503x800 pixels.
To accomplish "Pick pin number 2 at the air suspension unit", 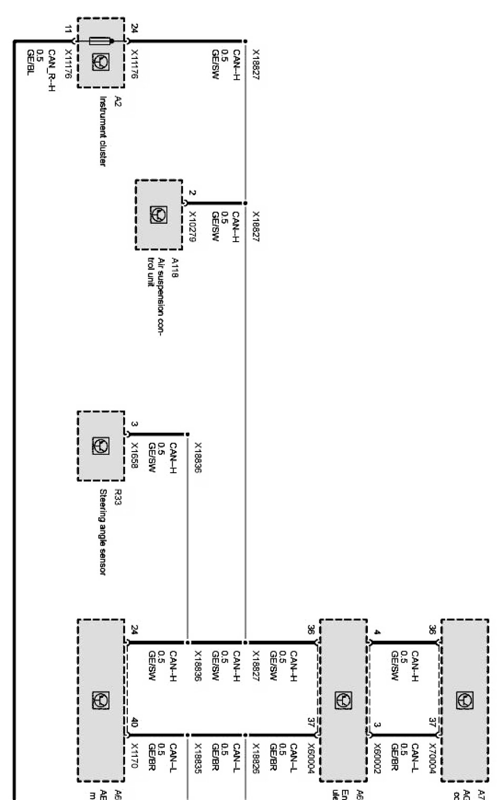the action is tap(193, 193).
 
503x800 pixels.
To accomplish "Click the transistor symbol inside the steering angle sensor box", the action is tap(101, 446).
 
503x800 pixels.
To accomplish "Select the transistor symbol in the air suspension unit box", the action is tap(158, 214).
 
